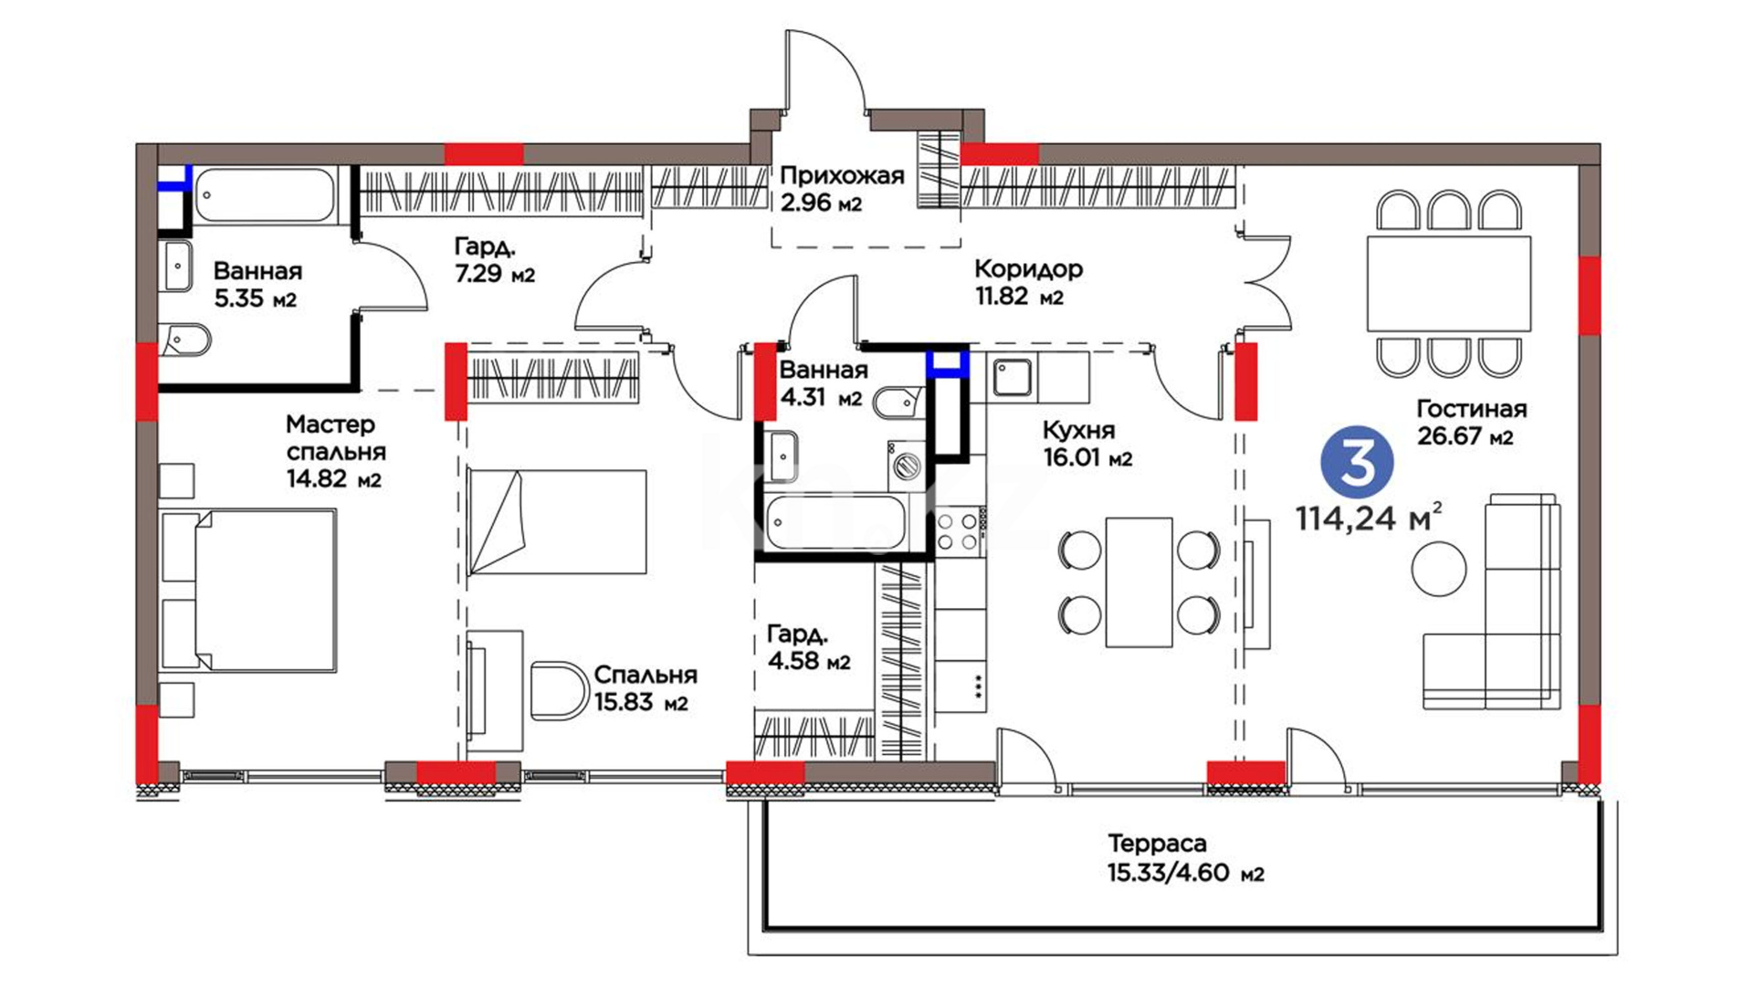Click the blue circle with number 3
point(1357,463)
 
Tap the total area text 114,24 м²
point(1369,518)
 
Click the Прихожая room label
point(842,175)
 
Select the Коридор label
point(1029,269)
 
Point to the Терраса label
point(1157,844)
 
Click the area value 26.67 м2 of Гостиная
point(1464,436)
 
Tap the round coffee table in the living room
point(1439,569)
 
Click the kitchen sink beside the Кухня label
point(1012,378)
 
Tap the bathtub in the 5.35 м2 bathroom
point(267,194)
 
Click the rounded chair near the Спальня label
point(558,691)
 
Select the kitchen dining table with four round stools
point(1139,582)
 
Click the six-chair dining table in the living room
point(1448,284)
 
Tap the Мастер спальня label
point(335,438)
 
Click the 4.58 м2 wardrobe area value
point(809,660)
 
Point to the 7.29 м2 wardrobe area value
point(494,273)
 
